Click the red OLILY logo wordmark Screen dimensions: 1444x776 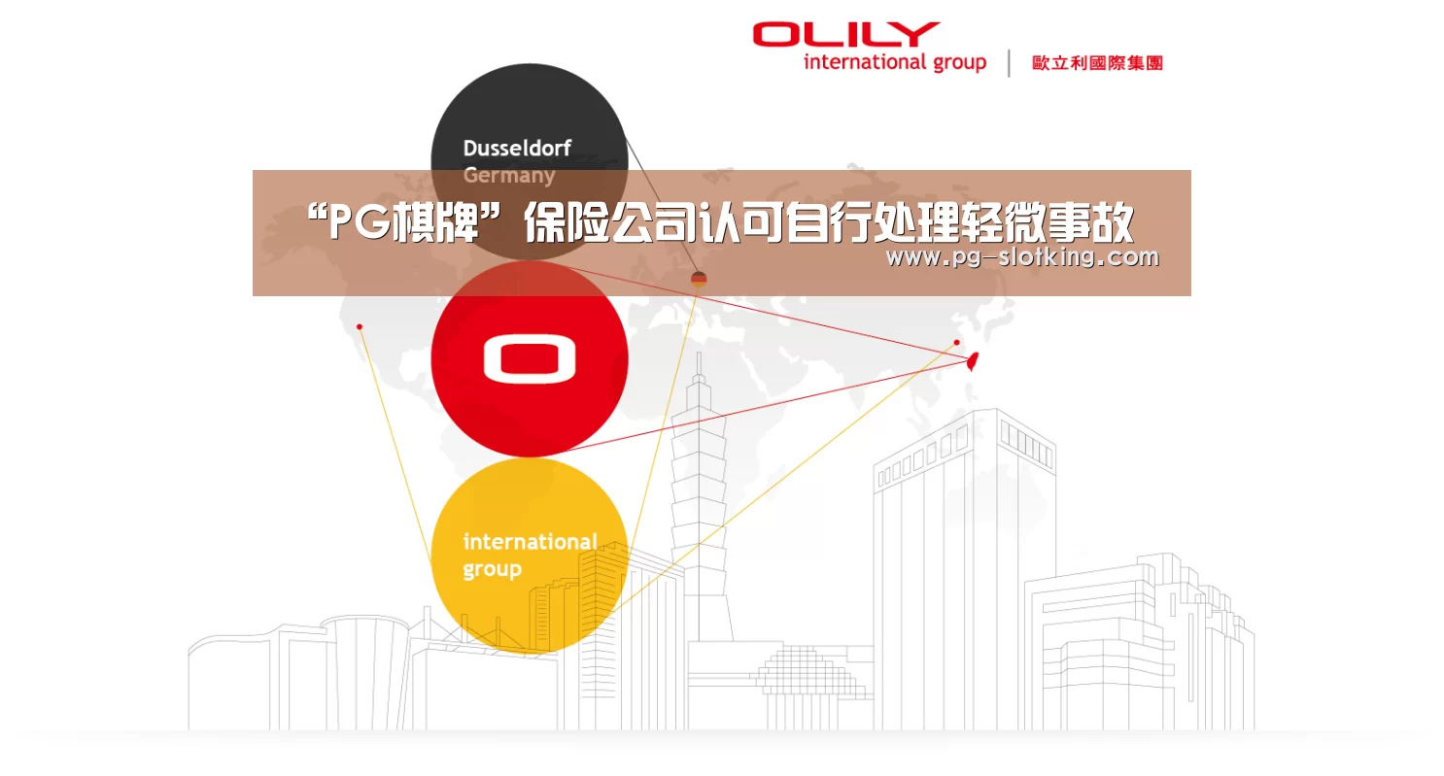pos(845,35)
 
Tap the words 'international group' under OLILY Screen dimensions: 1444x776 pos(895,62)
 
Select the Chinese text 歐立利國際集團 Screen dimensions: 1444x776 pos(1097,63)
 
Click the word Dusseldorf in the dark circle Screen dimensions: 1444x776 pos(517,149)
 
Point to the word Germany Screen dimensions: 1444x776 pos(509,176)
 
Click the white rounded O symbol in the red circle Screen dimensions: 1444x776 pos(530,359)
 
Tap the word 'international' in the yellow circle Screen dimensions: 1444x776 pos(530,541)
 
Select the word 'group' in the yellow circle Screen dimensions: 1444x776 pos(492,570)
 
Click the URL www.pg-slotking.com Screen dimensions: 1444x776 pos(1022,257)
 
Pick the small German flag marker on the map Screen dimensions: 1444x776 pos(699,279)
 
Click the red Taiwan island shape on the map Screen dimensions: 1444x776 pos(973,361)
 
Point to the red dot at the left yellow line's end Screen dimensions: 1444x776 pos(360,327)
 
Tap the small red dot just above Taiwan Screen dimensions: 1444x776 pos(956,342)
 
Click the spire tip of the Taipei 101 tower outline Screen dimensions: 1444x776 pos(699,354)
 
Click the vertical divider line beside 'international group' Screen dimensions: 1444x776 pos(1009,63)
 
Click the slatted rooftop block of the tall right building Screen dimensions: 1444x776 pos(1027,444)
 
